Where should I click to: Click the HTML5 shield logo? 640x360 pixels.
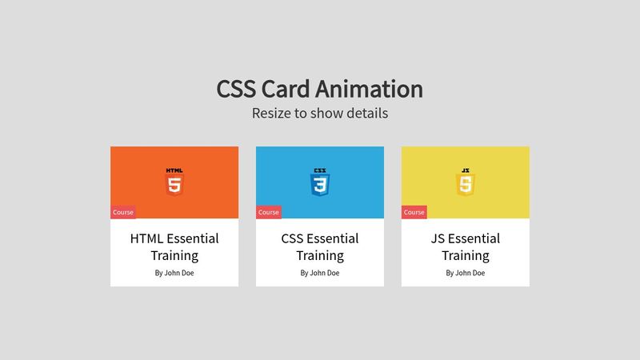point(174,185)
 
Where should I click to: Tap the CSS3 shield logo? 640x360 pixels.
point(320,185)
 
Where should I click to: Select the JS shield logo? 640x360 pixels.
point(466,185)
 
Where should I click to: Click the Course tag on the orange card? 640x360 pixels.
point(123,212)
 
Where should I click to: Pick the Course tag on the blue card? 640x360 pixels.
point(269,212)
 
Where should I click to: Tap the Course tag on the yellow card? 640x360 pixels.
point(414,212)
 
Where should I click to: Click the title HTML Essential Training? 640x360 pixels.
point(174,246)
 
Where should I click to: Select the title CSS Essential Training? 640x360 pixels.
point(320,246)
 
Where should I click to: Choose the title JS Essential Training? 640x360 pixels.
point(466,246)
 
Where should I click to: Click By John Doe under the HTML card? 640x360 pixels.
point(174,273)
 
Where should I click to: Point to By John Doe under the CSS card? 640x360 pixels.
point(320,273)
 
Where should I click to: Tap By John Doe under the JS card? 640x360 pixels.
point(466,273)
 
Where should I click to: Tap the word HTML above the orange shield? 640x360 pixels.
point(174,170)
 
